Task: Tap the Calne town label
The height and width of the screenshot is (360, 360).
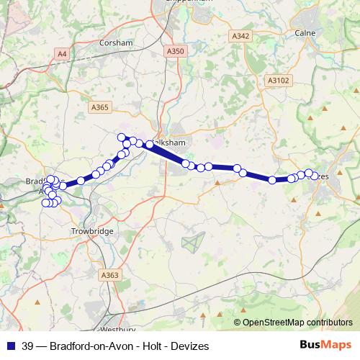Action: pyautogui.click(x=305, y=32)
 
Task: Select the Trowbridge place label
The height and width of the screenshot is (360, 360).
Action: pyautogui.click(x=93, y=230)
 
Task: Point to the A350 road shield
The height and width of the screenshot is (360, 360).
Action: pyautogui.click(x=174, y=51)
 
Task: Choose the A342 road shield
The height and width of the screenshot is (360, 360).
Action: pyautogui.click(x=240, y=35)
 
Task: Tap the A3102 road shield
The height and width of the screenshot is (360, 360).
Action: pyautogui.click(x=276, y=81)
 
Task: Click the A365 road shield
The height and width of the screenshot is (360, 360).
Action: pyautogui.click(x=100, y=107)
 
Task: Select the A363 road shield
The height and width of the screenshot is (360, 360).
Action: pyautogui.click(x=110, y=275)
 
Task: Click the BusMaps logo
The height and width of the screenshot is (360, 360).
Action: pyautogui.click(x=326, y=346)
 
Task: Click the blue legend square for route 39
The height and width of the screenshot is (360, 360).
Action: pyautogui.click(x=11, y=346)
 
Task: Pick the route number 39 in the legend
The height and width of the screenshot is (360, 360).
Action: pyautogui.click(x=28, y=346)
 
